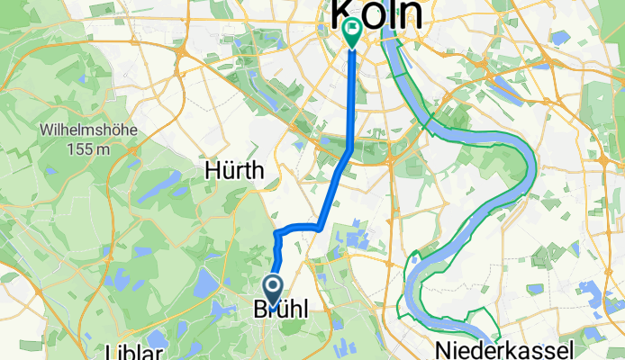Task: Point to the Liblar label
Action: pos(133,350)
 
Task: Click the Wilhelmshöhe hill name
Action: pos(87,130)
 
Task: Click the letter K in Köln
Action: pos(346,13)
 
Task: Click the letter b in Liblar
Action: pos(128,350)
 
